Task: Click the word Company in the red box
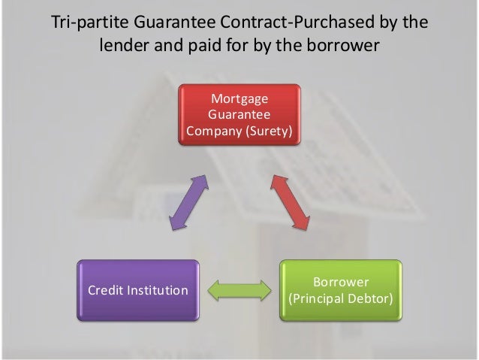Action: click(212, 132)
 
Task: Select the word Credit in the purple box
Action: click(108, 290)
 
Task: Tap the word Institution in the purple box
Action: click(160, 290)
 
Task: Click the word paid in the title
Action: click(210, 45)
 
